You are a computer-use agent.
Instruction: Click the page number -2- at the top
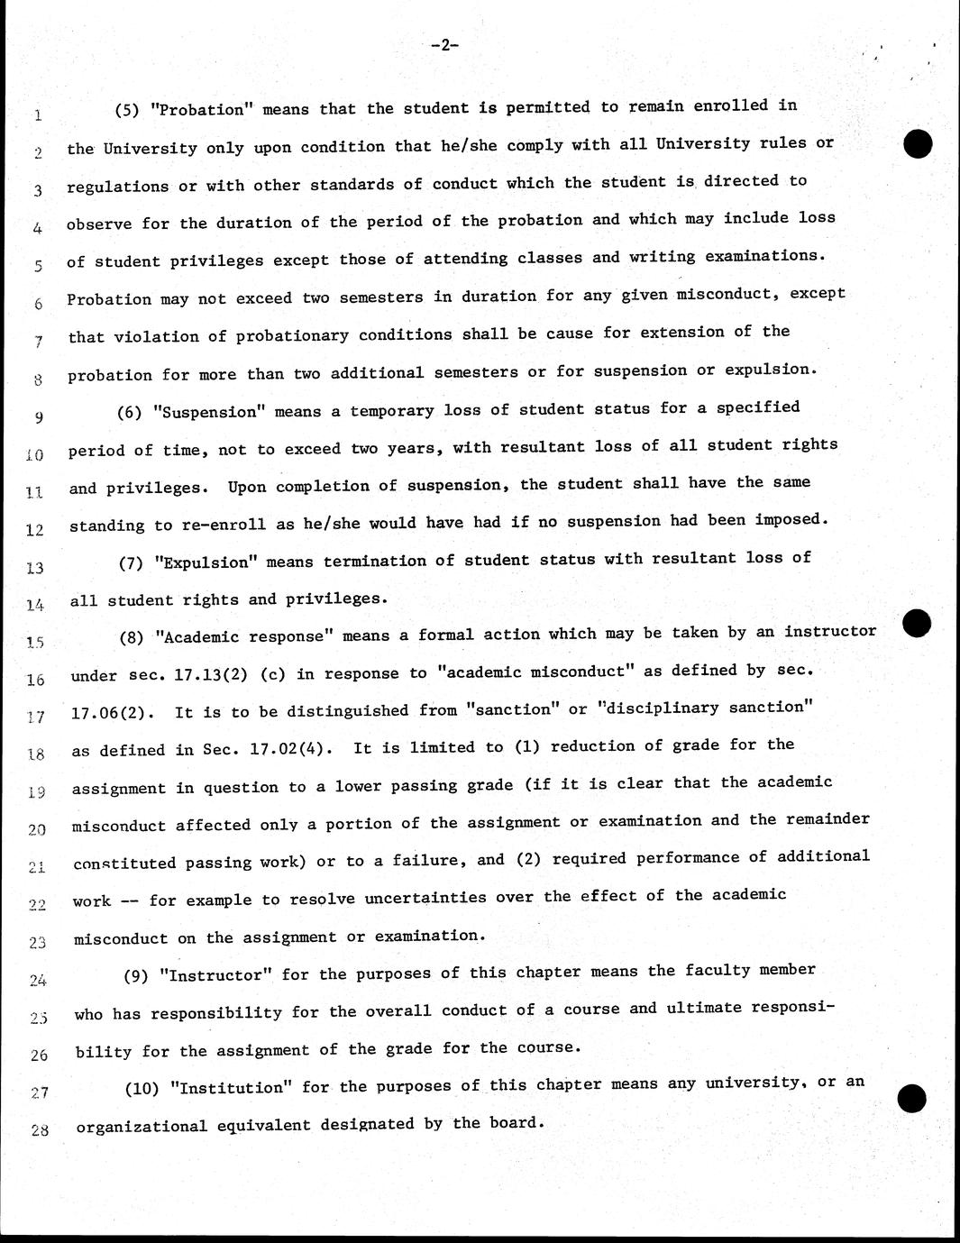(445, 45)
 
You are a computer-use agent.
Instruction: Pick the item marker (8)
(133, 637)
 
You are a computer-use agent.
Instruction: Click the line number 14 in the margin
(35, 605)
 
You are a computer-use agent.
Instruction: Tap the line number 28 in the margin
(39, 1129)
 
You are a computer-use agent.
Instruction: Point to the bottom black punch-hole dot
(912, 1098)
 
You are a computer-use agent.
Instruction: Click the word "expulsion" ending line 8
(771, 370)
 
